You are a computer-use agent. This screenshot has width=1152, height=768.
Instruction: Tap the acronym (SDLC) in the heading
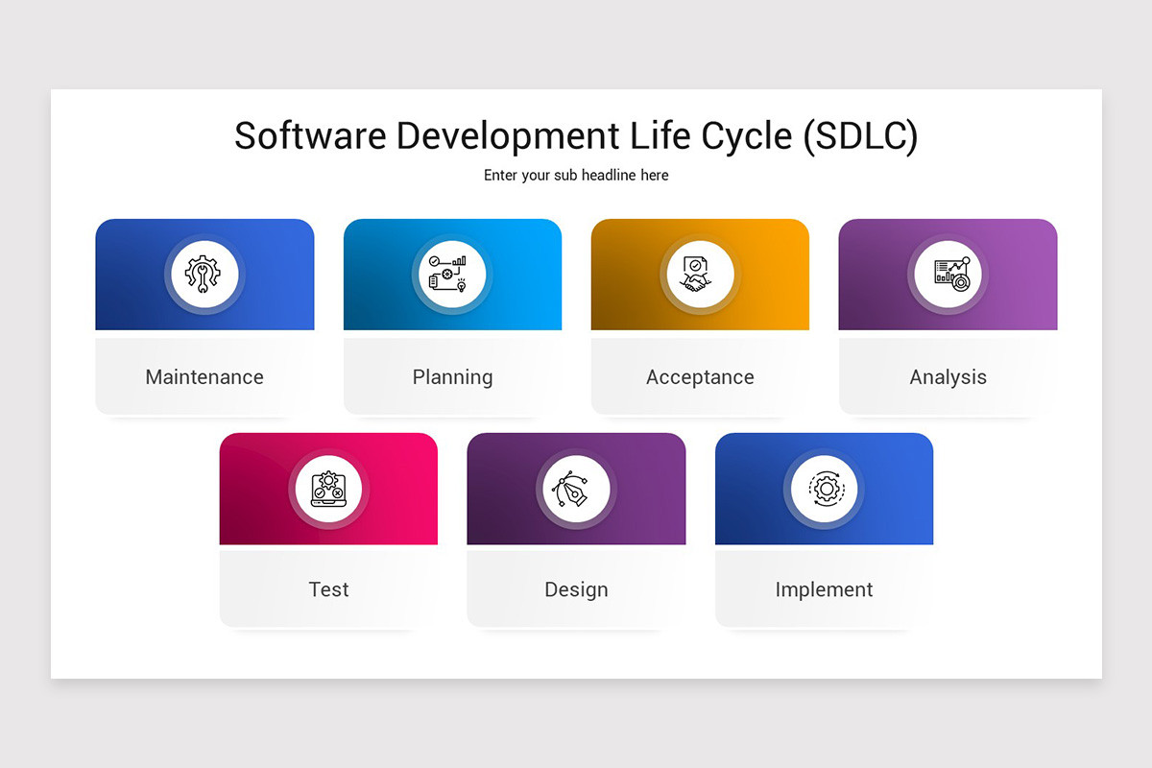[x=861, y=136]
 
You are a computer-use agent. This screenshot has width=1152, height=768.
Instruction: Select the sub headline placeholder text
[x=576, y=176]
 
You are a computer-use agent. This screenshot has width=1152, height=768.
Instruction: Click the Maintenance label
[x=204, y=377]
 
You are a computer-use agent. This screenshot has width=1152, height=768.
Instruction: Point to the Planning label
[x=452, y=377]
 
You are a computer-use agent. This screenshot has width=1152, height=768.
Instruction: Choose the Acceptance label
[x=700, y=377]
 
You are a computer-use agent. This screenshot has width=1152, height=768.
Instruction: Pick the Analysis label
[x=948, y=377]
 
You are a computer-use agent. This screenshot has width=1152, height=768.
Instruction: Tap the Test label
[x=328, y=589]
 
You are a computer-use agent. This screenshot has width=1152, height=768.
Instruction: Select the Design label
[x=576, y=589]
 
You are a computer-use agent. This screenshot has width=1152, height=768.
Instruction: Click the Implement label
[x=824, y=589]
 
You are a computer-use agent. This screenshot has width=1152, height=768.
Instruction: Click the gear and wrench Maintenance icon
[x=204, y=275]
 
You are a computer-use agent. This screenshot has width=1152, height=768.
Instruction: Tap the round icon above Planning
[x=452, y=275]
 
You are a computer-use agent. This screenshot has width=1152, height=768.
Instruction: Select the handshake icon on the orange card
[x=700, y=275]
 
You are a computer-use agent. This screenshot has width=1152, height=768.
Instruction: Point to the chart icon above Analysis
[x=948, y=275]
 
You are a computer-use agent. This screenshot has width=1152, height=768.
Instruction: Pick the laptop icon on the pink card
[x=328, y=489]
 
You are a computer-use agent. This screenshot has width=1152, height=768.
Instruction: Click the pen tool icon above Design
[x=576, y=489]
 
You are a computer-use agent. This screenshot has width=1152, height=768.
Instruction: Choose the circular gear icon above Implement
[x=824, y=489]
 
